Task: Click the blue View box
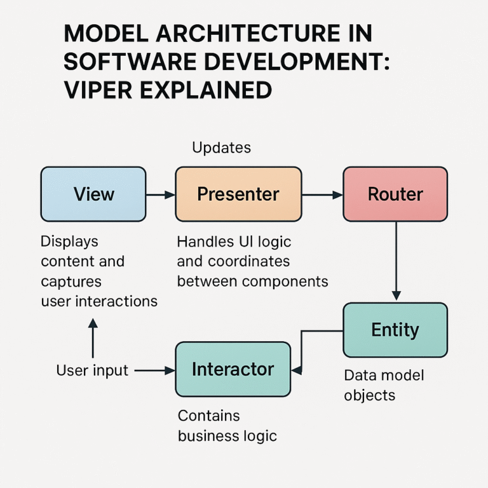pos(93,194)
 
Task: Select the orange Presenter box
pos(238,194)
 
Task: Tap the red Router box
pos(395,194)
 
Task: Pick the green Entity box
pos(395,330)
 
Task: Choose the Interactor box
pos(233,369)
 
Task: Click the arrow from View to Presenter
pos(160,194)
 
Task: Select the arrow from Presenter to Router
pos(322,194)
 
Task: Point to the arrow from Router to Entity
pos(396,261)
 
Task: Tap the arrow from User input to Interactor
pos(154,370)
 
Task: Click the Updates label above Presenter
pos(221,148)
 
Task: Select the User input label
pos(92,370)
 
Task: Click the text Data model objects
pos(383,385)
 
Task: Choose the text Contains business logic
pos(227,426)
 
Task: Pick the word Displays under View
pos(69,241)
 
